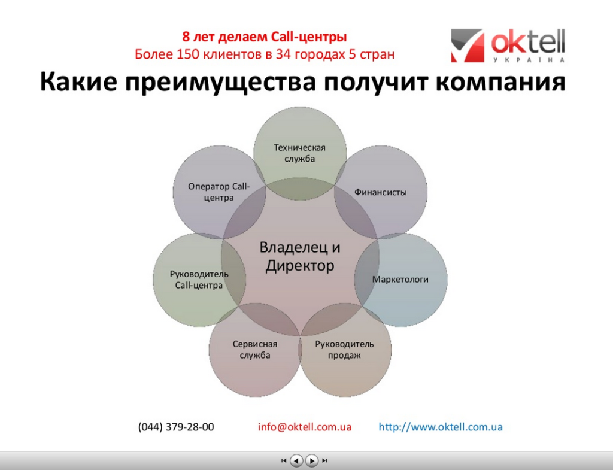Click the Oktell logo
click(508, 46)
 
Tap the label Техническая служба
click(299, 153)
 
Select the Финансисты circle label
click(380, 192)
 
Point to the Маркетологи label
click(400, 279)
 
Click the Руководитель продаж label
click(344, 350)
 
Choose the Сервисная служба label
click(255, 350)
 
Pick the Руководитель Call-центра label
click(199, 280)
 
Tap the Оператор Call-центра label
click(219, 192)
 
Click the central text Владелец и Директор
click(300, 256)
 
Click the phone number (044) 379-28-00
click(176, 427)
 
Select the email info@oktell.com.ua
click(305, 427)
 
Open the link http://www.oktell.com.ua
click(441, 427)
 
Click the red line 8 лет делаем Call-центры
click(264, 37)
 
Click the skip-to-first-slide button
click(284, 460)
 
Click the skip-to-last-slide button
click(324, 460)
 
